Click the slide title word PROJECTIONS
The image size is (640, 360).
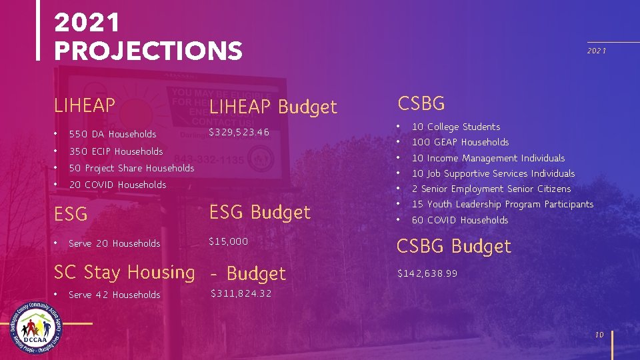[x=148, y=51]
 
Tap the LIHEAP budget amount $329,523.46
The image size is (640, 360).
[x=239, y=133]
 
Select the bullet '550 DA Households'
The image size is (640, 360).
[x=113, y=135]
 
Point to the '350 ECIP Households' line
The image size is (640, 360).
[x=115, y=151]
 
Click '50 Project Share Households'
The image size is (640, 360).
[x=131, y=168]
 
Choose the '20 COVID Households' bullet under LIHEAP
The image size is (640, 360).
[x=117, y=185]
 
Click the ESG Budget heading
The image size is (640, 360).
[x=260, y=213]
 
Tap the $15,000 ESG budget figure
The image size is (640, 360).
[x=228, y=241]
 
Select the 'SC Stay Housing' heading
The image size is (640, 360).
[x=124, y=272]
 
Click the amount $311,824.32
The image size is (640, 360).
[x=241, y=293]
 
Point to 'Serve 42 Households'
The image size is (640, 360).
[x=114, y=295]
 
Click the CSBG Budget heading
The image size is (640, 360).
[x=453, y=247]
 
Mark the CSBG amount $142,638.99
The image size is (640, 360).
[x=427, y=273]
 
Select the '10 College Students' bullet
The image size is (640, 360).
[x=455, y=127]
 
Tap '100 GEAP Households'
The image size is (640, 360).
[x=460, y=142]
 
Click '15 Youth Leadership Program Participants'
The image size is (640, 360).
[x=502, y=204]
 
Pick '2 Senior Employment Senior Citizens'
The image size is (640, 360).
[x=491, y=189]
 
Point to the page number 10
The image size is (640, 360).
[x=599, y=335]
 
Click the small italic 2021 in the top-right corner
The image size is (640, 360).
[x=596, y=51]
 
